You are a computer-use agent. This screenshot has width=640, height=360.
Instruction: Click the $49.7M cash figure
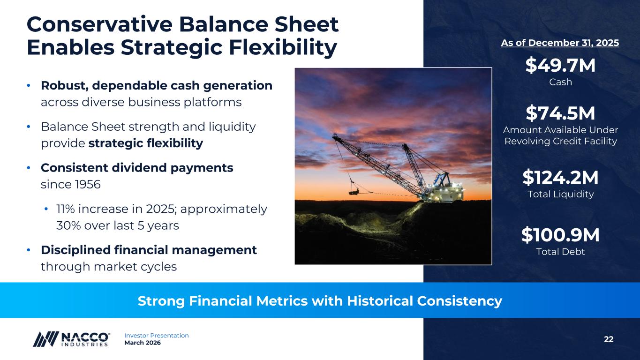[560, 65]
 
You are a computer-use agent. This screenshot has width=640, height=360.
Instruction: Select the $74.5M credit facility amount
[560, 113]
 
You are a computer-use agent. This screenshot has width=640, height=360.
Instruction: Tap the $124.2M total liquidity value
[560, 177]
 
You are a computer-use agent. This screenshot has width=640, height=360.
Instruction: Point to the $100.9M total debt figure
[560, 235]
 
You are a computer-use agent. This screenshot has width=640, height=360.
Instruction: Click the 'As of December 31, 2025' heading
[560, 43]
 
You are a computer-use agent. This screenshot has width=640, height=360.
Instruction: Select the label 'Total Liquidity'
[561, 194]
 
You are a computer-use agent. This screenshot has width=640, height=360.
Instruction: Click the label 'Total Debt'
[560, 251]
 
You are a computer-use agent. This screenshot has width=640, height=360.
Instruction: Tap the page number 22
[609, 339]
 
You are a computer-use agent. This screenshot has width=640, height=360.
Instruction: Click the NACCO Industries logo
[72, 339]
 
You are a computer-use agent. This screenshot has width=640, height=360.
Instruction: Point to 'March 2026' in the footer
[143, 343]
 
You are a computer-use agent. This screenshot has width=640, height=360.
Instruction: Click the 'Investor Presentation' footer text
[157, 336]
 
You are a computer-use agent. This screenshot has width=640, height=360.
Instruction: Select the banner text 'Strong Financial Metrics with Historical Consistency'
[320, 301]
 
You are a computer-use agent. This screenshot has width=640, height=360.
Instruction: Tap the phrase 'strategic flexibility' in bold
[146, 143]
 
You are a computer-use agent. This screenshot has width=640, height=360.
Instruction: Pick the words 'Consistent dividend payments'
[137, 168]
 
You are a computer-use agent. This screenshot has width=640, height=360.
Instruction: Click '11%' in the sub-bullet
[66, 209]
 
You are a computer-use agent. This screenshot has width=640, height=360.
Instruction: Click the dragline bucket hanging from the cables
[354, 191]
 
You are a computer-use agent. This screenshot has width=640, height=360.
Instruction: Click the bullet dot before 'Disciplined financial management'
[29, 250]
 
